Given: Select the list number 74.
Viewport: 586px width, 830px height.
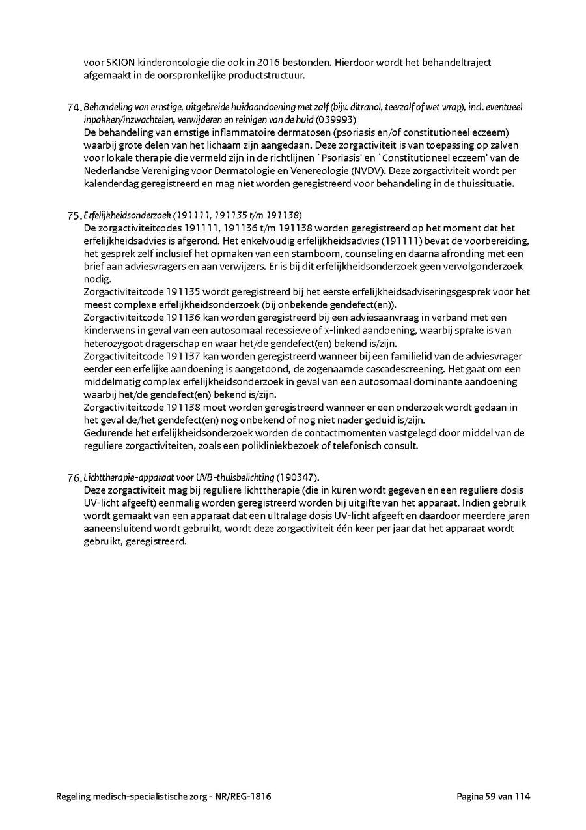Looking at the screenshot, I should pos(74,108).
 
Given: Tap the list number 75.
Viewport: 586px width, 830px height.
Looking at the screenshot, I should pos(74,216).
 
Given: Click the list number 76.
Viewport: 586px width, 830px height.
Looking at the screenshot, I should pos(74,478).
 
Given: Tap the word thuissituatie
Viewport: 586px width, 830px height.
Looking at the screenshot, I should pos(486,183).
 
